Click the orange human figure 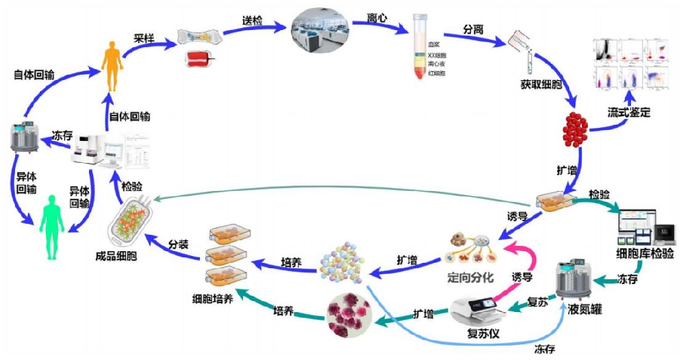112,66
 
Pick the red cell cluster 575,126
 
